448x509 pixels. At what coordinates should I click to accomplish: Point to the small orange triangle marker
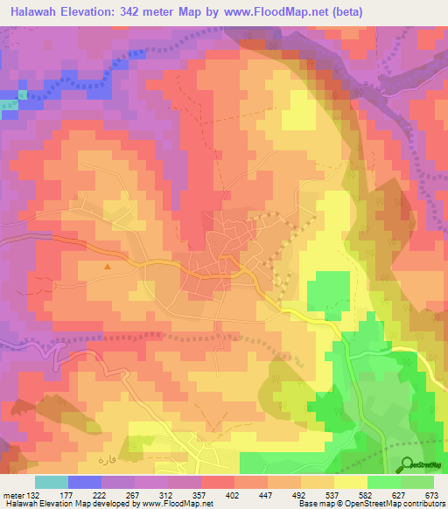[x=108, y=266]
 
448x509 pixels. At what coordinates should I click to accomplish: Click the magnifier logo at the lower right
[x=406, y=464]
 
